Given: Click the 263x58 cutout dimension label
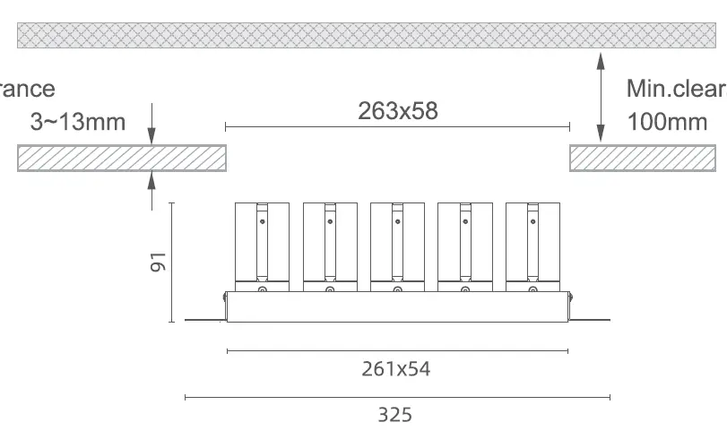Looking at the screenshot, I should [398, 111].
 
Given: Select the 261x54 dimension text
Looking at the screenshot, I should [396, 368].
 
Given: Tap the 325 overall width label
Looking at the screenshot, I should [395, 415].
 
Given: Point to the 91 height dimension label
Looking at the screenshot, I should [158, 263].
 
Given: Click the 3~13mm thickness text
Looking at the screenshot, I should [78, 122].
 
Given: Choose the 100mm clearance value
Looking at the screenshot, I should [668, 122].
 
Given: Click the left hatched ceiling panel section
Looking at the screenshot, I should [121, 158].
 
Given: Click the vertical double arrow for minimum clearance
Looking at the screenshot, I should [600, 96].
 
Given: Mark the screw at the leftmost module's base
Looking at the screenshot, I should [262, 289].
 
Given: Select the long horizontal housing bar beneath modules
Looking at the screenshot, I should [397, 308].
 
